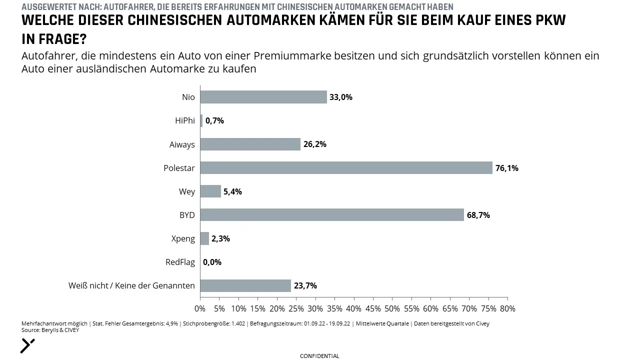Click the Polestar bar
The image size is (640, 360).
[346, 167]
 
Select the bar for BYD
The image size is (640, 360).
[332, 215]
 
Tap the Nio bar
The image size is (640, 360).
[263, 97]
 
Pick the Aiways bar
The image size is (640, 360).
[250, 144]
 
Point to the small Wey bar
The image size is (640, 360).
[210, 191]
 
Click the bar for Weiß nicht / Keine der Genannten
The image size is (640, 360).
[245, 285]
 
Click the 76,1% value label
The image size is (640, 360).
[507, 168]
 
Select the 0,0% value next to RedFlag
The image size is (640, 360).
[212, 262]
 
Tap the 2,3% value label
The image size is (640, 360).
[220, 238]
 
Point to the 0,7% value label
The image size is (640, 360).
[214, 121]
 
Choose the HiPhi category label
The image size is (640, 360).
[185, 120]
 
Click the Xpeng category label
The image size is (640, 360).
[183, 238]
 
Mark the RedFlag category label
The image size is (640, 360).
[180, 262]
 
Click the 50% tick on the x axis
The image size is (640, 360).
[392, 308]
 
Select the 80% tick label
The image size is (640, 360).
[507, 308]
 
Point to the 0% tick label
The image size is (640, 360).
[200, 308]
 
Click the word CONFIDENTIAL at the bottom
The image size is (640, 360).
[319, 356]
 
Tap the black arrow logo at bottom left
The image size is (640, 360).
[27, 346]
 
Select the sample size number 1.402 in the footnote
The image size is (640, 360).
[238, 323]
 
